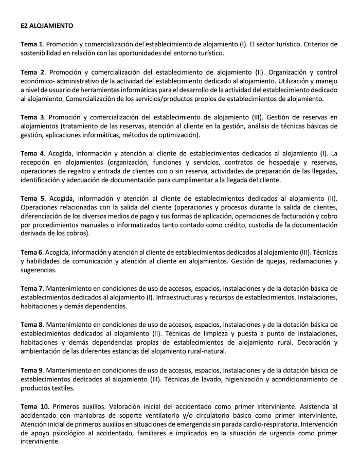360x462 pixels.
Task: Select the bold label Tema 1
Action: (32, 44)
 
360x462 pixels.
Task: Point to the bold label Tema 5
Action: (32, 198)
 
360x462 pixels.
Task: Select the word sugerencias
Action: (39, 270)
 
